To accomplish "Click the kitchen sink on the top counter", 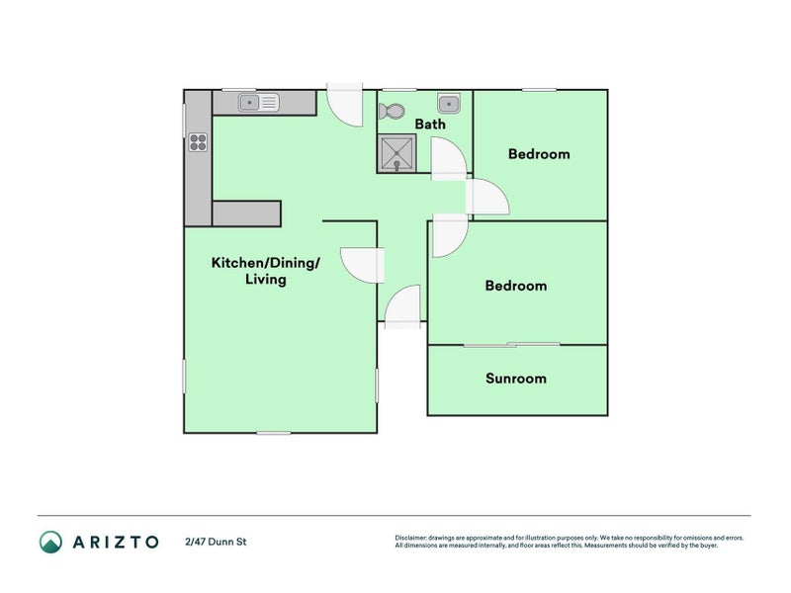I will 260,102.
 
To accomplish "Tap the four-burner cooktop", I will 198,141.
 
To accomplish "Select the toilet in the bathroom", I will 392,112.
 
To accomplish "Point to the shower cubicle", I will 397,153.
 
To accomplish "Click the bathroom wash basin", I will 449,102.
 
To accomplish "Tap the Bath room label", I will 429,125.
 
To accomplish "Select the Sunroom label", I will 515,379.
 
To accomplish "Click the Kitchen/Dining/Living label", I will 265,271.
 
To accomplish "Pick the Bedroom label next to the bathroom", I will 539,154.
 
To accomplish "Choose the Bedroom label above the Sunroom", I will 515,286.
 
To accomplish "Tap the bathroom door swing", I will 447,158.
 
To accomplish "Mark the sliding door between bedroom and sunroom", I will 511,344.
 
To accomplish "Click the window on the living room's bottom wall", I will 273,433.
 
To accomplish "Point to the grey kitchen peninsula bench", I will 246,213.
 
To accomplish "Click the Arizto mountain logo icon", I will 50,542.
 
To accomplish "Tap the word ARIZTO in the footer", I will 115,542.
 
